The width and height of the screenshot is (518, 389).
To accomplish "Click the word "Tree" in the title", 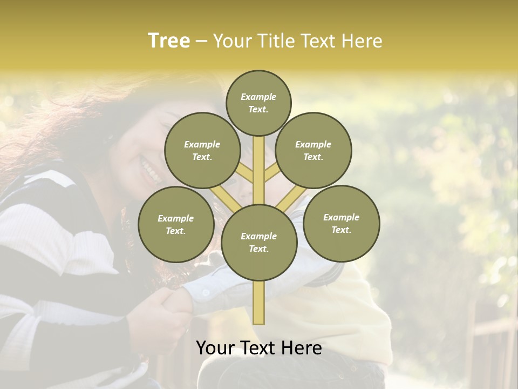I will [169, 41].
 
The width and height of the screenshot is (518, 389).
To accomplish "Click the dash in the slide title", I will [201, 41].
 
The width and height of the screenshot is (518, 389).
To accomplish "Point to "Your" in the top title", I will [233, 41].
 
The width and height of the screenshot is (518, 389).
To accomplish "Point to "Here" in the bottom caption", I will [301, 348].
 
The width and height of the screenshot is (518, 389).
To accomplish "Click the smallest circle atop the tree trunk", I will [258, 103].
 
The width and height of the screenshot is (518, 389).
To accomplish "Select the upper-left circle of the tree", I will [202, 150].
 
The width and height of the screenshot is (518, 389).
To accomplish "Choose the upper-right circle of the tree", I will [313, 150].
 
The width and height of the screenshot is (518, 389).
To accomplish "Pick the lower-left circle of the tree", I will [176, 224].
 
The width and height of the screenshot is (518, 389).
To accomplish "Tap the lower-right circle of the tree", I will [341, 223].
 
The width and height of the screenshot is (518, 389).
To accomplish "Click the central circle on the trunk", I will [259, 242].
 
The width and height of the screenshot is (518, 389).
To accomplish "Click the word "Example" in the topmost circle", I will [258, 97].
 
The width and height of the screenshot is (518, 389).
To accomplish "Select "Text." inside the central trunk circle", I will [258, 249].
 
